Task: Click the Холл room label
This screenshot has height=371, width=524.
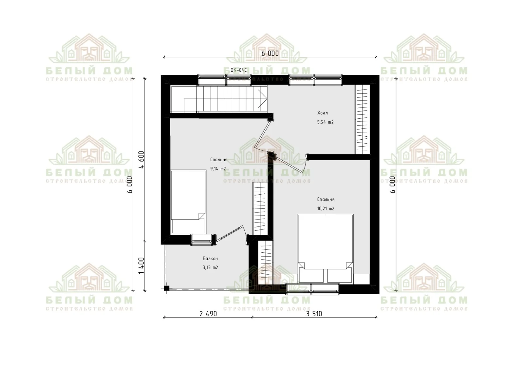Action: (322, 113)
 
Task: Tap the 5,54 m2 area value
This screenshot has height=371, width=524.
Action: (325, 122)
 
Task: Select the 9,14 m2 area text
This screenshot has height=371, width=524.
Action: (218, 169)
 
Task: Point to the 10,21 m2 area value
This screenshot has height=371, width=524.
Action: (326, 208)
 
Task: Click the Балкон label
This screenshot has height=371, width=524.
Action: (210, 259)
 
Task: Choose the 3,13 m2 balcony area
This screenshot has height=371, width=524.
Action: (210, 267)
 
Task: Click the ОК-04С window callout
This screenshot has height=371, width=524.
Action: (238, 70)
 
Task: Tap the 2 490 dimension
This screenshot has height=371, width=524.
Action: (208, 314)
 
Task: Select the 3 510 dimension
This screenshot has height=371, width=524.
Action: (314, 314)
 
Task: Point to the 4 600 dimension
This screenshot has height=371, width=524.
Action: (141, 160)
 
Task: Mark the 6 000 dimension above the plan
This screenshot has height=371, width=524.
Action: (270, 53)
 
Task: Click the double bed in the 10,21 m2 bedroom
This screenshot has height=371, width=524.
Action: (325, 248)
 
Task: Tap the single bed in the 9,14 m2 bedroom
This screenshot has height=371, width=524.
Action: (188, 202)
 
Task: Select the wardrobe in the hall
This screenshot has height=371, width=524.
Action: (362, 119)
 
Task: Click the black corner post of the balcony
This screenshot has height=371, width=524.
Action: (166, 288)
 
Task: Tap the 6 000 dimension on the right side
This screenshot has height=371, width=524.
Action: (393, 185)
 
